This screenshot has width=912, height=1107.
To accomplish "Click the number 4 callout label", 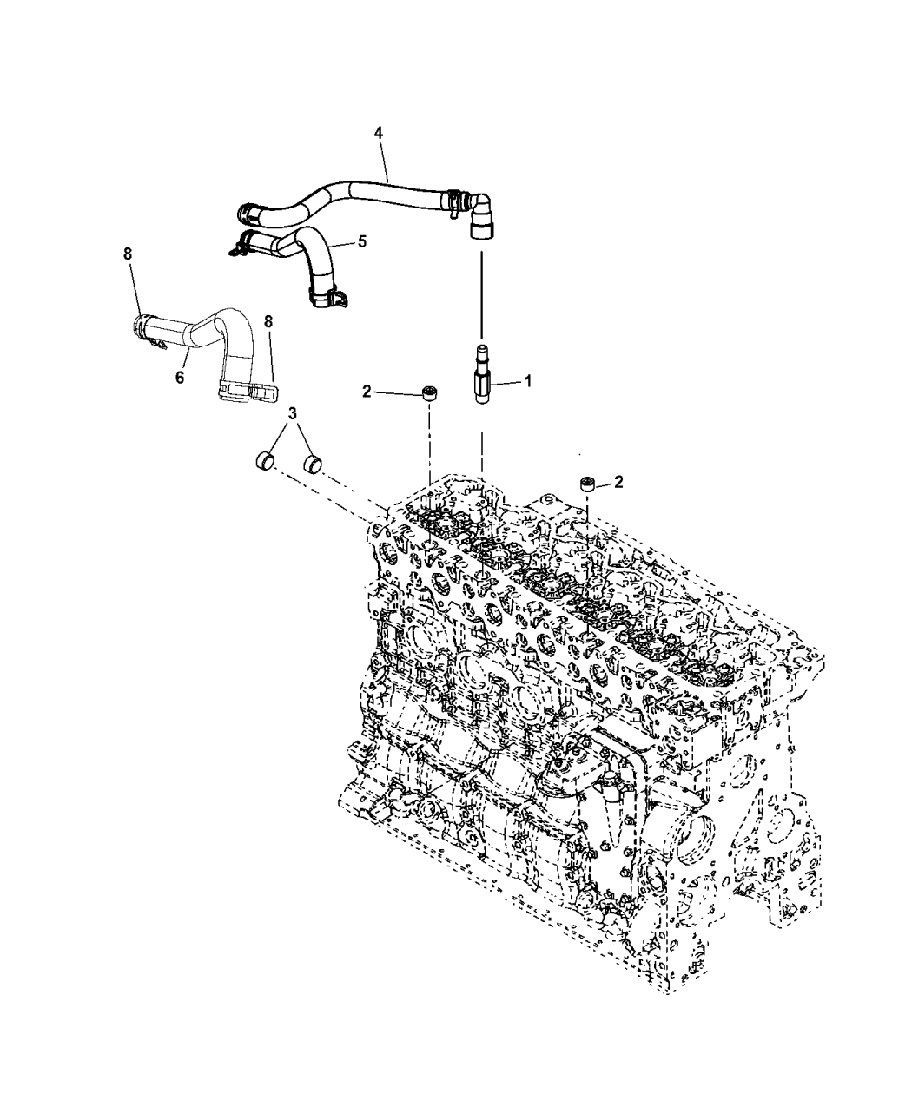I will tap(378, 132).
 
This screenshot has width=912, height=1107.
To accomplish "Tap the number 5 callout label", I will tap(362, 241).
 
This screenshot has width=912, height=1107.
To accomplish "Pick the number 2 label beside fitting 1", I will tap(367, 392).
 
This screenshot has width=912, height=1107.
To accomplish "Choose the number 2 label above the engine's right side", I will tap(618, 482).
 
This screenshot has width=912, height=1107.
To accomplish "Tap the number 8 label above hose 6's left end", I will tap(128, 254).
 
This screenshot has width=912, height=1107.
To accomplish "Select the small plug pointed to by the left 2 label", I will tap(427, 392).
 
